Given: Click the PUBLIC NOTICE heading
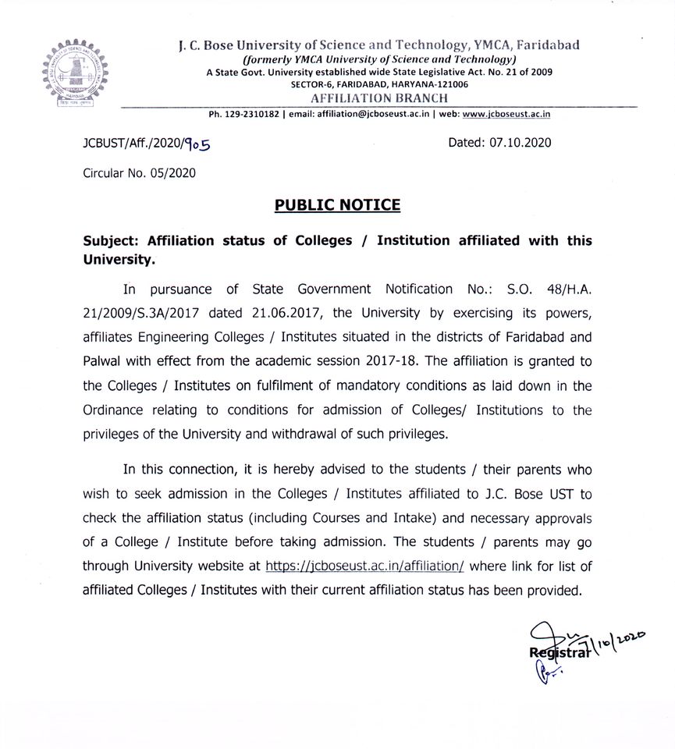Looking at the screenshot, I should tap(337, 205).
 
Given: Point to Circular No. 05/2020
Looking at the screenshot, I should tap(139, 172).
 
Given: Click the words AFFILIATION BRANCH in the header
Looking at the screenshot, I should tap(379, 98).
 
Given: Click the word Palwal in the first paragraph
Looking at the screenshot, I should tap(106, 361).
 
